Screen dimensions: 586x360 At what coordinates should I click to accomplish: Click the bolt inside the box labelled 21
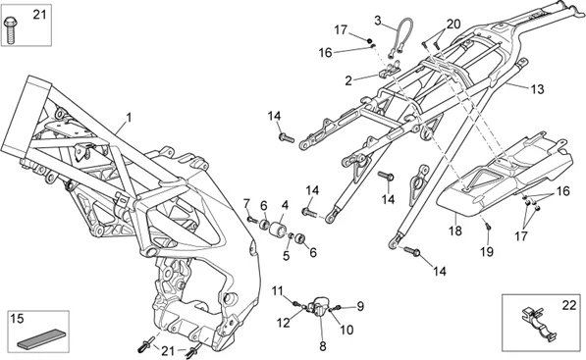pyautogui.click(x=9, y=30)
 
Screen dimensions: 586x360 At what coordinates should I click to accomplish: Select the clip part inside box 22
pyautogui.click(x=539, y=325)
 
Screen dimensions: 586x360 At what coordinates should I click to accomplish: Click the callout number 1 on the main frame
pyautogui.click(x=129, y=118)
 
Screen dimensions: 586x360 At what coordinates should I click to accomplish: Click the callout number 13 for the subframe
pyautogui.click(x=537, y=89)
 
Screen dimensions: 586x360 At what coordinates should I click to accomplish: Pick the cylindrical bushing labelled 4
pyautogui.click(x=279, y=228)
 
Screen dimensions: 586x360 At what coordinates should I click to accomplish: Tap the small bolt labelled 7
pyautogui.click(x=252, y=221)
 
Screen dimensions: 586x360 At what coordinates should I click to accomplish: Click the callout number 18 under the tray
pyautogui.click(x=455, y=231)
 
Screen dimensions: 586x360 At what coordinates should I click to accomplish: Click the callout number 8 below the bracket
pyautogui.click(x=323, y=347)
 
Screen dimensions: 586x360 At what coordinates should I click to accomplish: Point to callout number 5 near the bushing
pyautogui.click(x=287, y=256)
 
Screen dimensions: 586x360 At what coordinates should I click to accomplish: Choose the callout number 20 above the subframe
pyautogui.click(x=453, y=25)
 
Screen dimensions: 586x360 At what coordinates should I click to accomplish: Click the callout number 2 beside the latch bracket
pyautogui.click(x=348, y=80)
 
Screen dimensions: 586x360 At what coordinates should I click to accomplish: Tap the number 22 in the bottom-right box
pyautogui.click(x=569, y=305)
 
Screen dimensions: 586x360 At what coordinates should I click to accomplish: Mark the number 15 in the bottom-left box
pyautogui.click(x=18, y=319)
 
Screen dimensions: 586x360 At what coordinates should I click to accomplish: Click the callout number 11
pyautogui.click(x=278, y=291)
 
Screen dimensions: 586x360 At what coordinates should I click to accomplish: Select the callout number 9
pyautogui.click(x=360, y=306)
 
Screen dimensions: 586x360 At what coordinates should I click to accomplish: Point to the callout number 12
pyautogui.click(x=284, y=323)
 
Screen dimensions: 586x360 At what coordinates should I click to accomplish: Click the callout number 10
pyautogui.click(x=346, y=330)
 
